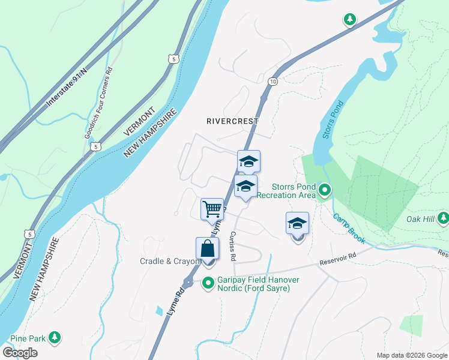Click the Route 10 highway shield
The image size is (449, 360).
click(273, 82)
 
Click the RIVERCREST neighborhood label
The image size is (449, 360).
click(232, 121)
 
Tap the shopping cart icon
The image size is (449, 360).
click(212, 209)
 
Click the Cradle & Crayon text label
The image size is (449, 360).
click(169, 261)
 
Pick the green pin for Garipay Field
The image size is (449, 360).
click(209, 283)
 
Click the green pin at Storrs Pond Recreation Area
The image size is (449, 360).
click(325, 191)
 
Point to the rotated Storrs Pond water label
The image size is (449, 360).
click(328, 124)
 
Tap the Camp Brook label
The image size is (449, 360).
click(349, 229)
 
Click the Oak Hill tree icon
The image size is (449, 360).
click(443, 218)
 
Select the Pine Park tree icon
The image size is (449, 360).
click(55, 338)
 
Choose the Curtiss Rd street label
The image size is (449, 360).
click(232, 246)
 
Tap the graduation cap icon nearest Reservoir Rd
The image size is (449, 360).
click(297, 224)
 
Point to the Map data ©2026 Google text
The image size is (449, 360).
click(411, 355)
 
